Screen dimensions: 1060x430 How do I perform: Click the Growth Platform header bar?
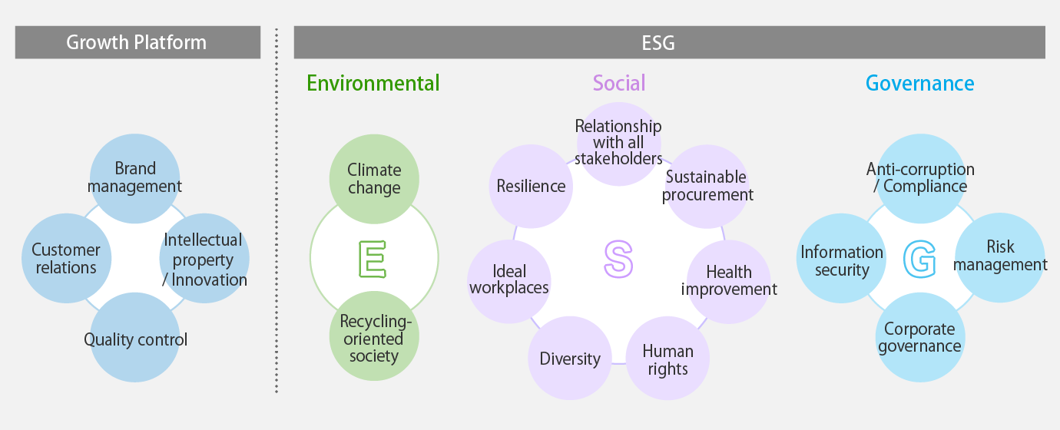click(x=137, y=42)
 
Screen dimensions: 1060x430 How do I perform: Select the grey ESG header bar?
click(x=670, y=42)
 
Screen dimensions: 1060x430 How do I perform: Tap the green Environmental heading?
click(x=373, y=83)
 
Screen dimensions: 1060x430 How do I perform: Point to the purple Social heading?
click(x=619, y=83)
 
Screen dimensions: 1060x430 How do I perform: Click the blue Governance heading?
click(x=920, y=83)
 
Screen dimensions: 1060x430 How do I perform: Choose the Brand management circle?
click(x=135, y=178)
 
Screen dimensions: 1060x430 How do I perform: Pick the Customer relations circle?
click(x=66, y=258)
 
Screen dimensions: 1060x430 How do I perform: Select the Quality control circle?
click(x=135, y=337)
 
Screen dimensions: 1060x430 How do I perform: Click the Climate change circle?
click(x=374, y=179)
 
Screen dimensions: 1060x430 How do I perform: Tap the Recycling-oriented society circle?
click(x=374, y=336)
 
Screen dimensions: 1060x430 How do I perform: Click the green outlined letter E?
click(x=373, y=259)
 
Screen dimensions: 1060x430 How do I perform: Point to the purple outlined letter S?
click(x=618, y=259)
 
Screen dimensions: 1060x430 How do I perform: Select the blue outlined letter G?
click(x=919, y=259)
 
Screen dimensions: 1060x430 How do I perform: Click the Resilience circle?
click(x=531, y=187)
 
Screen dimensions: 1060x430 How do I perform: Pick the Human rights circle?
click(x=667, y=358)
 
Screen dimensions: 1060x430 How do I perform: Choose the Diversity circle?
click(x=570, y=358)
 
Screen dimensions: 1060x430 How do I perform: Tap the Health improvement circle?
click(x=729, y=282)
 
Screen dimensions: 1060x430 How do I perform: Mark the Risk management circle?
click(x=1000, y=258)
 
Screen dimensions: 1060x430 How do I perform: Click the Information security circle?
click(x=841, y=258)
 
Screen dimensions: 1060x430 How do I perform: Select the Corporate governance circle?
click(x=920, y=337)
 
